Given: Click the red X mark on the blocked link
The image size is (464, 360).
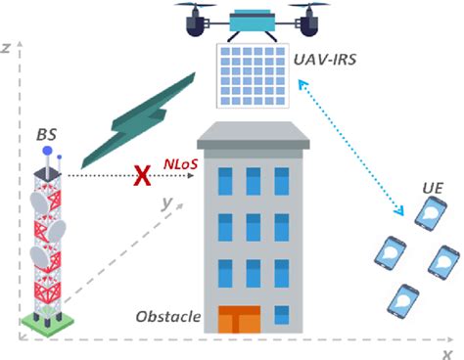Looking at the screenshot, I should (x=143, y=176).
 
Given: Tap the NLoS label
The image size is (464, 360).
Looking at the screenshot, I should (x=180, y=163).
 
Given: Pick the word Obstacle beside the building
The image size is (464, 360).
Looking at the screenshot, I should (x=167, y=317).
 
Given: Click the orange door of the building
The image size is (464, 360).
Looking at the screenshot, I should (x=239, y=320).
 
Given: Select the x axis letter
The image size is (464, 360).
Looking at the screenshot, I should (x=446, y=353).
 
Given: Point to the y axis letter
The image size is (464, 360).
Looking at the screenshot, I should (x=167, y=203).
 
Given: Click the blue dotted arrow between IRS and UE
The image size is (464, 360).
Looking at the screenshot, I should (x=355, y=148).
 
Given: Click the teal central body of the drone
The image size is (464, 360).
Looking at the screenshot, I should (x=253, y=19).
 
